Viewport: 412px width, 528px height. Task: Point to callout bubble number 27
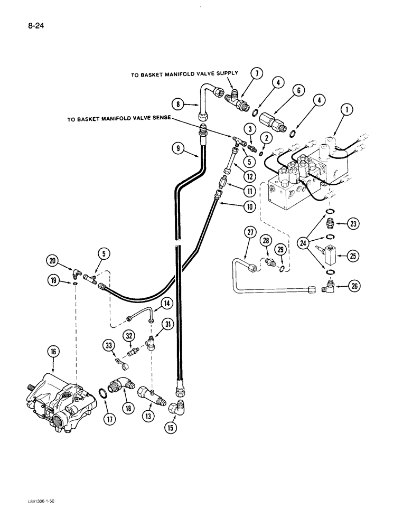point(250,232)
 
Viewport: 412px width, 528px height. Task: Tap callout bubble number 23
point(349,223)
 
